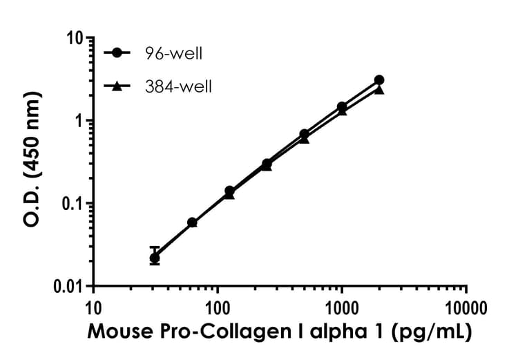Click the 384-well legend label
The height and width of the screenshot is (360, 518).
point(179,86)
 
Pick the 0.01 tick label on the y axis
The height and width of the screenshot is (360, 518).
point(70,286)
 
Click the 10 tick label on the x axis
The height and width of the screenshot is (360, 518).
point(94,306)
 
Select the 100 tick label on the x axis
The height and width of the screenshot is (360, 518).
point(218,306)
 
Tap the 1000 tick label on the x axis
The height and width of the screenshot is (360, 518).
point(342,306)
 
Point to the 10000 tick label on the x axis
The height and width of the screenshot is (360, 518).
point(466,306)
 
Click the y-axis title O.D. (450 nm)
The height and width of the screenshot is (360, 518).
point(31,161)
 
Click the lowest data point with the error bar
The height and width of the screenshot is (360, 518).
point(155,258)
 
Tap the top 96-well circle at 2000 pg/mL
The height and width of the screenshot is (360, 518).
point(379,80)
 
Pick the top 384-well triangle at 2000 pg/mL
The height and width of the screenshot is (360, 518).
point(379,90)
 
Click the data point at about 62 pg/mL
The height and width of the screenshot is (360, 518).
point(192,222)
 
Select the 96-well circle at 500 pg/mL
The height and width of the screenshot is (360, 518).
point(305,134)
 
